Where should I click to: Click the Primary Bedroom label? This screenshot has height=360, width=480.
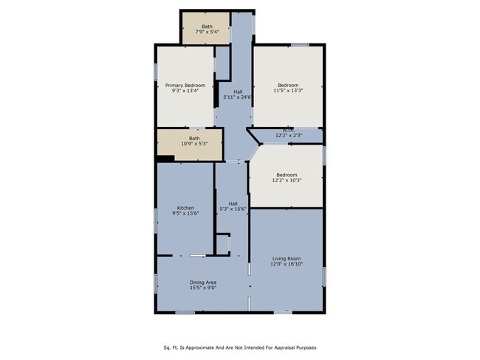(185, 86)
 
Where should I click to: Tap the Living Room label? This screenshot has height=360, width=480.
(287, 258)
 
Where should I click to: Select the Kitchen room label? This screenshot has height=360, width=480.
(185, 208)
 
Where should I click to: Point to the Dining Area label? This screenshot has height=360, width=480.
(202, 283)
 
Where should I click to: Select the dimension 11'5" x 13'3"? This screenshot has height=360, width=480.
(287, 91)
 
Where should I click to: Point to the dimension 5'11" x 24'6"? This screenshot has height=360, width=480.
(238, 97)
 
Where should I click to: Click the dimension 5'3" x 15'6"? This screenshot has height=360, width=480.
(233, 210)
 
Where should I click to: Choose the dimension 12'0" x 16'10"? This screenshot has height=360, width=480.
(287, 264)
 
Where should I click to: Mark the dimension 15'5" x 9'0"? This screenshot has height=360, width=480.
(202, 288)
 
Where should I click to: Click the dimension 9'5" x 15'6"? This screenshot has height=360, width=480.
(185, 214)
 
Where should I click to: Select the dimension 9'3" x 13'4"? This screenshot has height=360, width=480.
(185, 91)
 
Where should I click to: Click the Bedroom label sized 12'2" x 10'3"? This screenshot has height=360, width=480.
(287, 175)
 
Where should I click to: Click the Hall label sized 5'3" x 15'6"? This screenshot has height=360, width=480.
(233, 204)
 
